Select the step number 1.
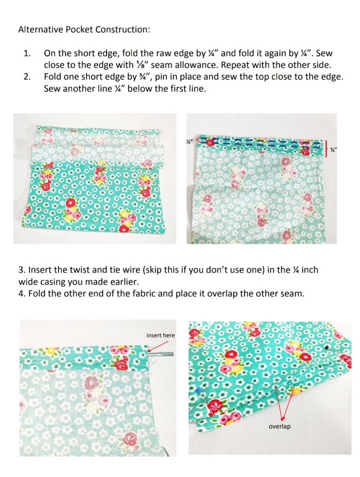click(x=27, y=53)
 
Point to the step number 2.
click(x=27, y=77)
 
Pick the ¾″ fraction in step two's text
click(x=146, y=77)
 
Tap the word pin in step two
click(x=161, y=77)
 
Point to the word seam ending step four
click(x=293, y=294)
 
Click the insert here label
click(x=160, y=335)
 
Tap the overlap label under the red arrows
click(x=279, y=426)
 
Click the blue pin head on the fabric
click(x=197, y=390)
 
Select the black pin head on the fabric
click(x=326, y=347)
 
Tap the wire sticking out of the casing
click(x=161, y=354)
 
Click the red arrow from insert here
click(x=158, y=346)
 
